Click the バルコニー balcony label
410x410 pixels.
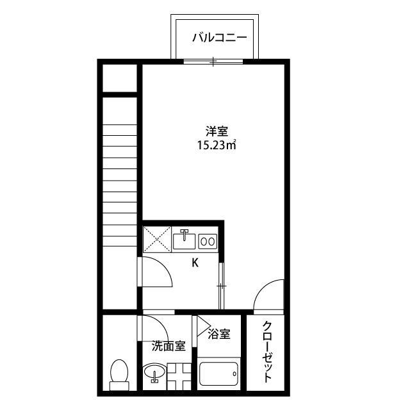tap(220, 38)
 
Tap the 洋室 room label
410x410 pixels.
tap(217, 131)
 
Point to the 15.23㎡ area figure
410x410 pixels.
tap(217, 145)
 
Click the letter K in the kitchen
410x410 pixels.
tap(195, 263)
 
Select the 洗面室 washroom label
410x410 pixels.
tap(168, 346)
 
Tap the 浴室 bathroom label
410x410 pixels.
tap(219, 334)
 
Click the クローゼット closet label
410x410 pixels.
tap(266, 352)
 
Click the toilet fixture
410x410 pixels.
tap(119, 375)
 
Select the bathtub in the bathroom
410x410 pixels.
tap(218, 373)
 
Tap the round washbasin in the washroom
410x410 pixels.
tap(154, 372)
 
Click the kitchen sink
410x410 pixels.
tap(184, 240)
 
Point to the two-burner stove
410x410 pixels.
tap(208, 241)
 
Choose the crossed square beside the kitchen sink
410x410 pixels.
tap(157, 240)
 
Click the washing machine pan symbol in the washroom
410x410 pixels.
tap(179, 376)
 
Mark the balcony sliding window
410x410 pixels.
tap(213, 61)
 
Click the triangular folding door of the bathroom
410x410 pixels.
tap(204, 326)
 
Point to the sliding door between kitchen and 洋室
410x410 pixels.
tap(222, 286)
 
